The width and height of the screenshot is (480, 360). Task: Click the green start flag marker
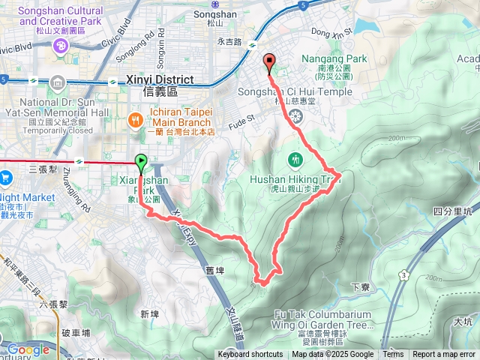click(x=140, y=160)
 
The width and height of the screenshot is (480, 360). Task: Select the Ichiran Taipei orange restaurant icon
click(x=136, y=118)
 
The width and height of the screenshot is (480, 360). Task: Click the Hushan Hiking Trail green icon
click(x=295, y=159)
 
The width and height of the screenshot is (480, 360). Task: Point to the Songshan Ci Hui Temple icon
click(x=295, y=115)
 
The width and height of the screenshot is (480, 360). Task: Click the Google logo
click(x=28, y=349)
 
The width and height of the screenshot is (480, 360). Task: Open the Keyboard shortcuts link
click(x=250, y=355)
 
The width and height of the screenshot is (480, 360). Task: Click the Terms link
click(x=393, y=355)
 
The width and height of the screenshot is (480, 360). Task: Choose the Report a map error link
click(x=444, y=355)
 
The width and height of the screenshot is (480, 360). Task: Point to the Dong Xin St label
click(x=330, y=32)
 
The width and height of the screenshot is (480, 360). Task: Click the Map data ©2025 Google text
click(x=333, y=355)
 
